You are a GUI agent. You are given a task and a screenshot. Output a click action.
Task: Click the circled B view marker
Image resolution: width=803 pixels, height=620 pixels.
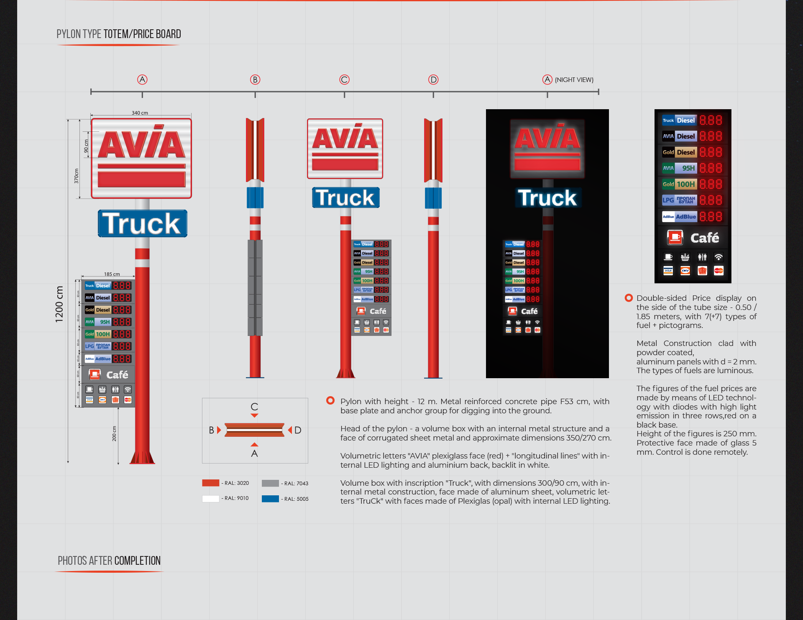coord(255,79)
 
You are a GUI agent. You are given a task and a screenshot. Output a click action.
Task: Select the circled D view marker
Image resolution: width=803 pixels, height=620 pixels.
coord(433,79)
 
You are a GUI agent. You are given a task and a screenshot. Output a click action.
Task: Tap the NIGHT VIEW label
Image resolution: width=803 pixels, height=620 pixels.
coord(574,80)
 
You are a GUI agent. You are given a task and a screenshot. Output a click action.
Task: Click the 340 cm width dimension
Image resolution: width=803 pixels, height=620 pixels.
coord(140,113)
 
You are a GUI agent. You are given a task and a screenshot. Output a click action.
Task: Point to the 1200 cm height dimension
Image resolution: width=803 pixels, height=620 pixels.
coord(59,304)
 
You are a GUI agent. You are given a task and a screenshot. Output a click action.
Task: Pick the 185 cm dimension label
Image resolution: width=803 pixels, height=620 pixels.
coord(112,274)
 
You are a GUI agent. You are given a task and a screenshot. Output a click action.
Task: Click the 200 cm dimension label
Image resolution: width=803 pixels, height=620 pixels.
coord(114,434)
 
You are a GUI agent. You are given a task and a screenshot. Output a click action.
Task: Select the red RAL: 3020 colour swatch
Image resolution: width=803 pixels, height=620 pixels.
coord(210,483)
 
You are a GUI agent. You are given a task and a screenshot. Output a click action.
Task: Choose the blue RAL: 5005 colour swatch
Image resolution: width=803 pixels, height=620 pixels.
coord(270,499)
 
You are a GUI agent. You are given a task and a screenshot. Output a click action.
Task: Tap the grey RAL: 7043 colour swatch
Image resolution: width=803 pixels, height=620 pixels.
coord(270,483)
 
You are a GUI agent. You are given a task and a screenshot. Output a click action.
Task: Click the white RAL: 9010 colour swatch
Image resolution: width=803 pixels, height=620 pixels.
coord(210,498)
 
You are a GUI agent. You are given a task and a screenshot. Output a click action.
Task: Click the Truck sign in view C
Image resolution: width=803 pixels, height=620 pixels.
coord(345,197)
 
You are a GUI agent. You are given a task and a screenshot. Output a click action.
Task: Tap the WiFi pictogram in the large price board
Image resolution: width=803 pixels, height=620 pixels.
coord(719,257)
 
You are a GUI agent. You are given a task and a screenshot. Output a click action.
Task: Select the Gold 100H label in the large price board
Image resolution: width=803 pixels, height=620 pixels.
coord(680,184)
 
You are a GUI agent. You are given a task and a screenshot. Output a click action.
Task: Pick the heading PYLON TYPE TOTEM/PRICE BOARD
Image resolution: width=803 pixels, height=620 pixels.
coord(119,34)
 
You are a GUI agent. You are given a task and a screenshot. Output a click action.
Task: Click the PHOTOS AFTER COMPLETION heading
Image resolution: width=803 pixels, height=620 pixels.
coord(109,561)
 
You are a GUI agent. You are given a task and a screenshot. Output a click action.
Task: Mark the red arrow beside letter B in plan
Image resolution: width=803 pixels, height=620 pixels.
coord(219,430)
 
